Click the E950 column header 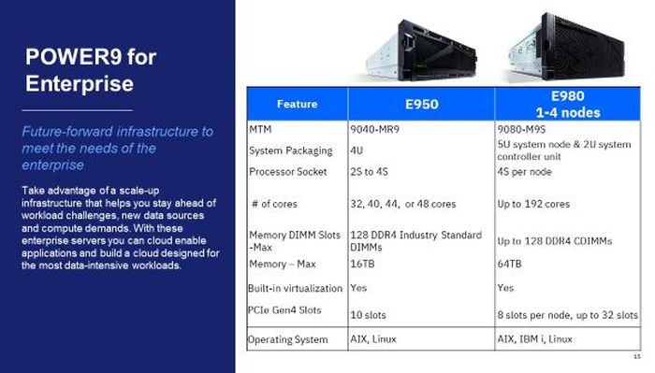pyautogui.click(x=420, y=104)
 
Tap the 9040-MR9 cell pyautogui.click(x=374, y=128)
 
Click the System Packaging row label pyautogui.click(x=290, y=150)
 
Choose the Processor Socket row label pyautogui.click(x=288, y=171)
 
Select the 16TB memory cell pyautogui.click(x=363, y=265)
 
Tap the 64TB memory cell pyautogui.click(x=511, y=265)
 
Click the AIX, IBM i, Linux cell pyautogui.click(x=535, y=339)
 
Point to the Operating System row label pyautogui.click(x=288, y=339)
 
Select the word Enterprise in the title pyautogui.click(x=79, y=83)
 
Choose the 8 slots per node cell pyautogui.click(x=568, y=314)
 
